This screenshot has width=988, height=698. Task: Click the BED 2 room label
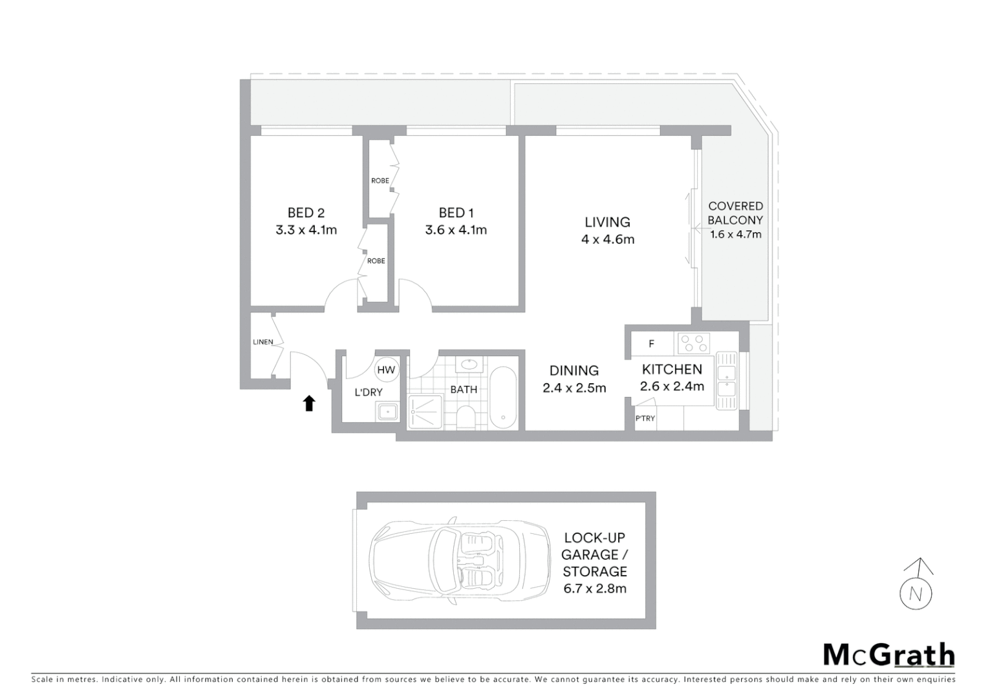[306, 213]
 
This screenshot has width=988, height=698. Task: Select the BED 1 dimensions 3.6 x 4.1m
[456, 230]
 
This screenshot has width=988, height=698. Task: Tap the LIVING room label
[607, 222]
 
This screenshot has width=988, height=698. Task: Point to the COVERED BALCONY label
[735, 213]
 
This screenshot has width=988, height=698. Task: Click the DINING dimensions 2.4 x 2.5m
[574, 388]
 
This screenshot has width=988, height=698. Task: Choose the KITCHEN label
[672, 369]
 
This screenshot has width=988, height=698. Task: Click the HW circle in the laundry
[386, 370]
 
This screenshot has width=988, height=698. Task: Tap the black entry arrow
[309, 403]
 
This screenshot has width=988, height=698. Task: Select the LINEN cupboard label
[263, 342]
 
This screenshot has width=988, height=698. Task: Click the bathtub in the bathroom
[502, 398]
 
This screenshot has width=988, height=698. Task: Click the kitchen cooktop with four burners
[694, 343]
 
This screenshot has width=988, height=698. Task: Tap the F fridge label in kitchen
[651, 344]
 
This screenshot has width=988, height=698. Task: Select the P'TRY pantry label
[645, 418]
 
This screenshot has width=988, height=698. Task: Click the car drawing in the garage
[456, 560]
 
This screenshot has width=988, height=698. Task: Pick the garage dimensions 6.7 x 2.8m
[595, 589]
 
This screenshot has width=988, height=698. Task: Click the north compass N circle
[916, 593]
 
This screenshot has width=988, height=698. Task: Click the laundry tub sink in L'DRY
[388, 411]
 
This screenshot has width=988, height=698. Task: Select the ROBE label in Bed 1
[380, 181]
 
